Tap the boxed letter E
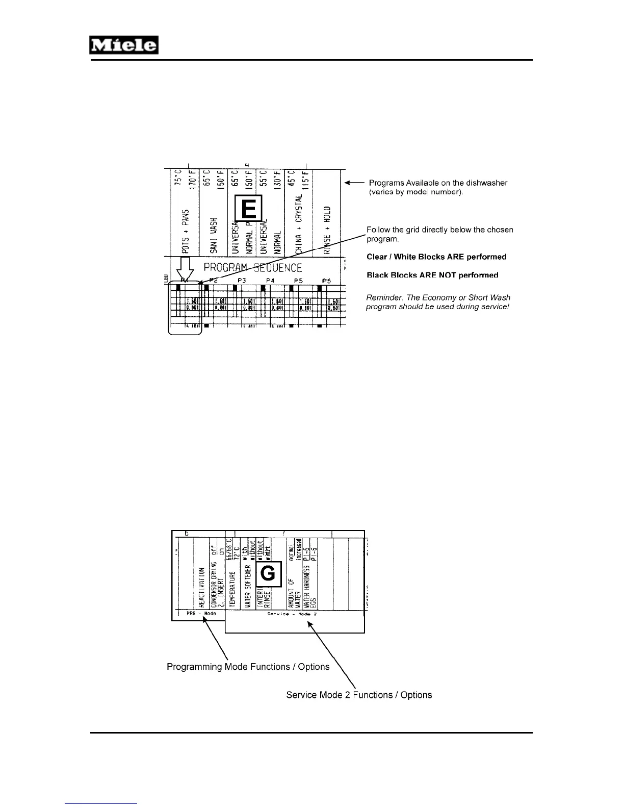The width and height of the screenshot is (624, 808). click(x=248, y=209)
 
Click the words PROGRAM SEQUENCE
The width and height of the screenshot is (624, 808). click(x=253, y=267)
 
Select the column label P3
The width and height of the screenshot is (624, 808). click(x=242, y=281)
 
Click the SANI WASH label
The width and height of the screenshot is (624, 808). click(x=214, y=236)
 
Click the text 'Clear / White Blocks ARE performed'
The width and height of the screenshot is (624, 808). click(x=436, y=257)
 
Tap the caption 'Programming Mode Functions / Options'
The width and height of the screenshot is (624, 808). click(x=248, y=667)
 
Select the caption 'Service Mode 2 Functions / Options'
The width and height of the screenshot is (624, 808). click(x=359, y=695)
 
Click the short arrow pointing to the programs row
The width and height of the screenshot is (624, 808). click(x=354, y=183)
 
